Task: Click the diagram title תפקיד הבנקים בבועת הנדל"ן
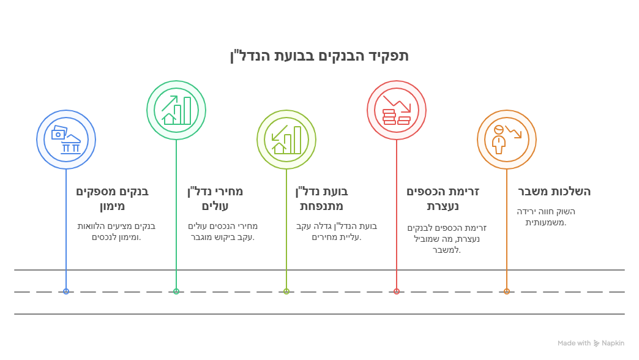[x=319, y=56]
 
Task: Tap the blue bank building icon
[x=66, y=140]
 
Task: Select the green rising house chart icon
[x=176, y=110]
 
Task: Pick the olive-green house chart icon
[x=286, y=140]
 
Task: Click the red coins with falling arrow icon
[x=397, y=110]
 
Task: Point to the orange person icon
[x=507, y=140]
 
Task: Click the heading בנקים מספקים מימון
[x=112, y=198]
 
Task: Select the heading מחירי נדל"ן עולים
[x=215, y=198]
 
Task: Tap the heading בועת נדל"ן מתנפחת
[x=321, y=198]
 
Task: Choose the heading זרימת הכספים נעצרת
[x=443, y=198]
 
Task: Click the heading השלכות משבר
[x=555, y=192]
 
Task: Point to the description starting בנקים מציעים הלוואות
[x=116, y=231]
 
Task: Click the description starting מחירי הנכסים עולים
[x=223, y=231]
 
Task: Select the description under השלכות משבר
[x=546, y=217]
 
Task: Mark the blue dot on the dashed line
[x=66, y=291]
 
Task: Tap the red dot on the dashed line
[x=397, y=291]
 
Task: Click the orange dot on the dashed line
[x=507, y=291]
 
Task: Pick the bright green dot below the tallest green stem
[x=176, y=291]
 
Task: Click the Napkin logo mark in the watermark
[x=596, y=343]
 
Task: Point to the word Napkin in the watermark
[x=613, y=343]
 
